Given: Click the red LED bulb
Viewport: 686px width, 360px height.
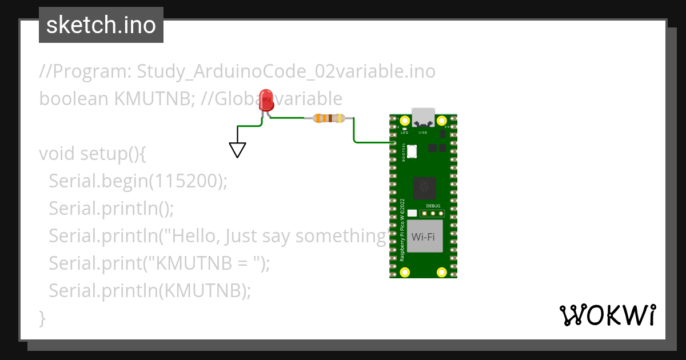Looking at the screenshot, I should [266, 100].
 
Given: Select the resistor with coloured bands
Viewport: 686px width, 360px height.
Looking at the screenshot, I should [329, 118].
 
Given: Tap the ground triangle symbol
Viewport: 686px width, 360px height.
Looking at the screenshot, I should [237, 150].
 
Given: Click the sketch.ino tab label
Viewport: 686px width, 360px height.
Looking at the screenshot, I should [101, 25].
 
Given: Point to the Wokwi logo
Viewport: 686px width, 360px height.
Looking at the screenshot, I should [607, 315].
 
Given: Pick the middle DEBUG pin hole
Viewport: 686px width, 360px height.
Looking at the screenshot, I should [433, 214].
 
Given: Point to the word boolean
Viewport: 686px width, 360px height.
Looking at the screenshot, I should [74, 99].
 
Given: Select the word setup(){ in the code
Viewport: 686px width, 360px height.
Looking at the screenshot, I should [114, 154].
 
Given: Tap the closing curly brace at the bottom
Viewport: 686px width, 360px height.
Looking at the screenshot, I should [42, 318].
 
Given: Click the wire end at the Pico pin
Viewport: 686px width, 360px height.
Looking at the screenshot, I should [394, 142].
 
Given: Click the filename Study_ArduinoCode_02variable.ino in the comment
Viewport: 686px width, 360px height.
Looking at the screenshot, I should [286, 71].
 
